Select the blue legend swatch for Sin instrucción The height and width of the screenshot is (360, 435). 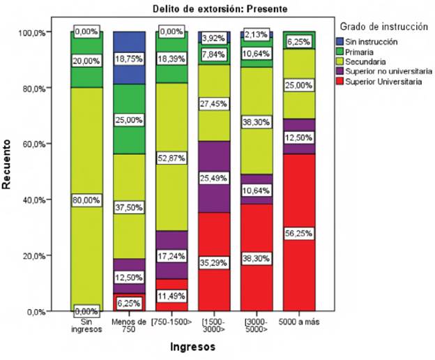click(339, 42)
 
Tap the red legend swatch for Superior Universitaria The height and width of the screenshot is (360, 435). click(339, 81)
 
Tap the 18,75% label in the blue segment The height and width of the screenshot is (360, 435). click(129, 61)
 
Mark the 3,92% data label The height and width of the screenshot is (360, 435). click(214, 38)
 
